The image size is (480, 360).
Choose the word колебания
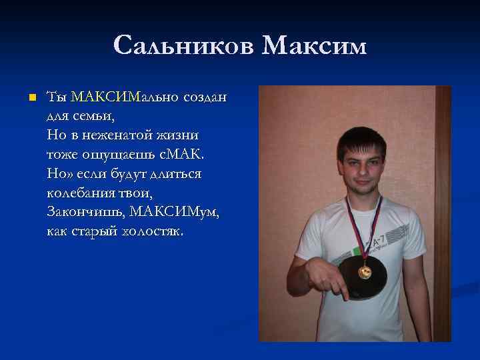tap(84, 193)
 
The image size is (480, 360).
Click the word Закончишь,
tap(86, 213)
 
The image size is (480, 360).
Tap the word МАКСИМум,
tap(175, 213)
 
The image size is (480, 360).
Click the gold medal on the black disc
tap(365, 271)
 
